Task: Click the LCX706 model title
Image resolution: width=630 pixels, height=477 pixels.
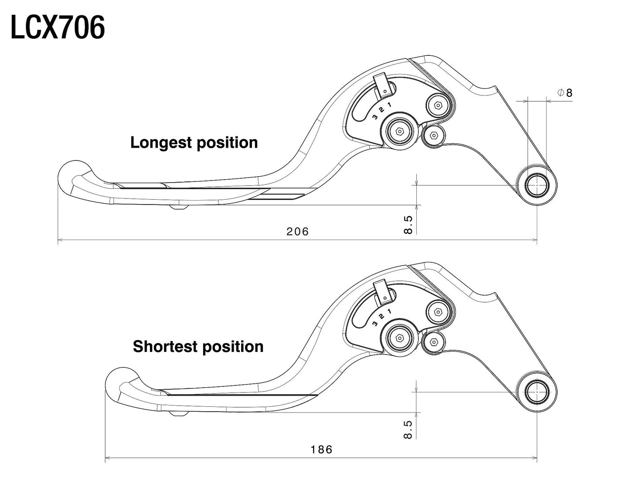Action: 58,27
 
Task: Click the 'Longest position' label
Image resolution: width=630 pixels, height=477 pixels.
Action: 194,143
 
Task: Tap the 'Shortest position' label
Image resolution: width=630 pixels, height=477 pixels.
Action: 198,347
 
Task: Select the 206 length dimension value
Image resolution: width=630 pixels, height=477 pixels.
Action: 297,232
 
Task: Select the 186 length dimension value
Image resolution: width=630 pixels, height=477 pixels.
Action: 322,450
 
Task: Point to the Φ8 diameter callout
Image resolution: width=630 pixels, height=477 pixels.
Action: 565,92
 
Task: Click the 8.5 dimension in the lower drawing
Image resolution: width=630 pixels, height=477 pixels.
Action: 408,429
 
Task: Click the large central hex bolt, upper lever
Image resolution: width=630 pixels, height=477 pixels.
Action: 399,131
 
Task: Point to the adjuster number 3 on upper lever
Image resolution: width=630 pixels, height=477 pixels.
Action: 375,117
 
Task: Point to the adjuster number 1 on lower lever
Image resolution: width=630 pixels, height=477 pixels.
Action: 389,311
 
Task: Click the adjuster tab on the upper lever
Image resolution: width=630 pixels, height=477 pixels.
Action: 383,85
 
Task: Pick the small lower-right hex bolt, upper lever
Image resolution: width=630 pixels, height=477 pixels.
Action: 434,136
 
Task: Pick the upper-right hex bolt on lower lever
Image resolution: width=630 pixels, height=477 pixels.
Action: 438,312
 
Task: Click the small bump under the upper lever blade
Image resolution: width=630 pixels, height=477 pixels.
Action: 179,207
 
